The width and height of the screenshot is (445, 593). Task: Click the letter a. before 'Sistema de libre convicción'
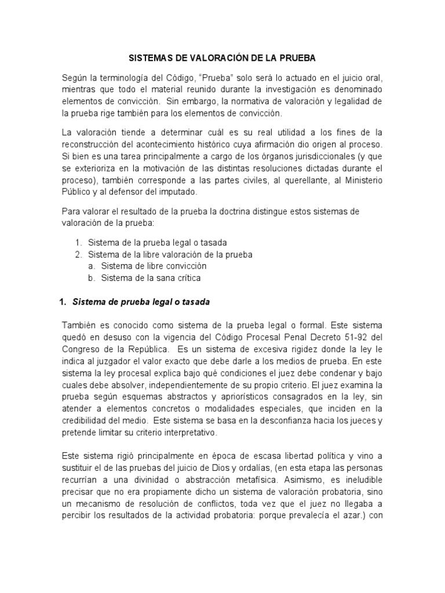tap(92, 266)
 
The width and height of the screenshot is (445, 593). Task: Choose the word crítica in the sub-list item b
tap(188, 278)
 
